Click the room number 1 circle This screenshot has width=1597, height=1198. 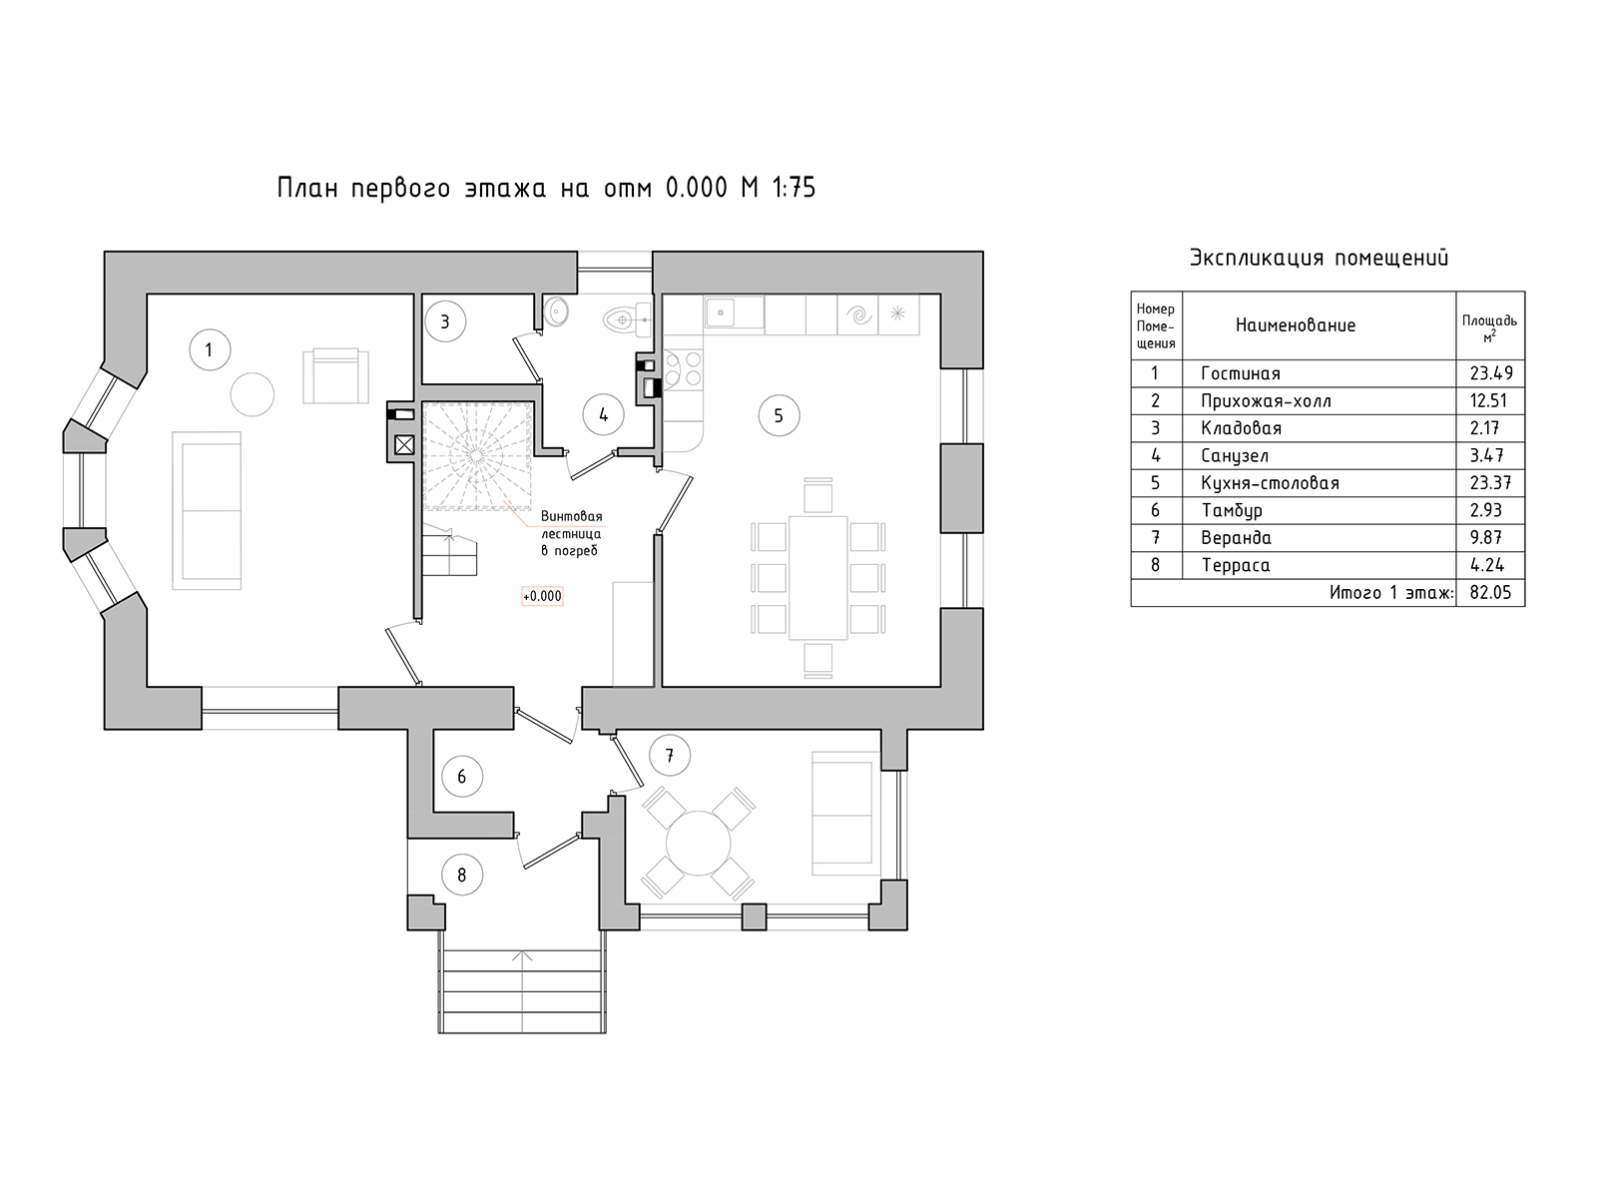pos(210,349)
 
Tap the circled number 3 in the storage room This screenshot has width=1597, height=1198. pos(445,321)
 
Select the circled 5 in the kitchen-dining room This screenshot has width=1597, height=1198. pos(779,415)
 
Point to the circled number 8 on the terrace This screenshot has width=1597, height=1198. pos(461,875)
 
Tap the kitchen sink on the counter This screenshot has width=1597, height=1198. pos(734,312)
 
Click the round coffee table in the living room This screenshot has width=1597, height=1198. pos(253,394)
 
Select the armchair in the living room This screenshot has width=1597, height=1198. pos(335,375)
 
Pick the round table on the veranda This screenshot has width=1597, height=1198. pos(698,843)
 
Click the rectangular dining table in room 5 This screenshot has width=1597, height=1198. pos(817,578)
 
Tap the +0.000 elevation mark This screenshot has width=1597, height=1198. pos(542,596)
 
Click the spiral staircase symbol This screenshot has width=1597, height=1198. pos(476,455)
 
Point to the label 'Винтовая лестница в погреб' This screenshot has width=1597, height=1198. pos(571,533)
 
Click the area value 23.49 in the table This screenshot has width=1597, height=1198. pos(1491,373)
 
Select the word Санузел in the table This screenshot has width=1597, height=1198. pos(1235,456)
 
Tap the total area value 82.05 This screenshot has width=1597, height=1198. pos(1490,593)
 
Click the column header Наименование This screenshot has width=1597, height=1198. pos(1296,325)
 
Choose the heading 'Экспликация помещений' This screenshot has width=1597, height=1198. pos(1320,258)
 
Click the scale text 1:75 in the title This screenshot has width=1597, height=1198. pos(794,188)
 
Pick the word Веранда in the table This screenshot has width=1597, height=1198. pos(1236,538)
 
